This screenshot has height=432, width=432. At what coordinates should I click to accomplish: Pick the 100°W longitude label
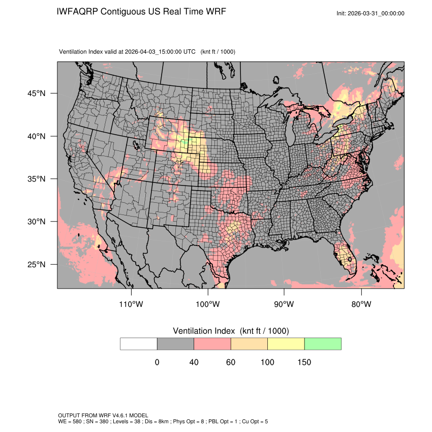(x=207, y=304)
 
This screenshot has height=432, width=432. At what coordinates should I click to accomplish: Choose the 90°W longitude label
(x=284, y=304)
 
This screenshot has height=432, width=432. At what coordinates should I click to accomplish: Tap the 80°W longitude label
(x=361, y=304)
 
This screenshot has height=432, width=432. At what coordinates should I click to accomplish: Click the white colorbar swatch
(x=139, y=344)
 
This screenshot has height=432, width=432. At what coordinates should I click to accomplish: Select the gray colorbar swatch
(x=175, y=344)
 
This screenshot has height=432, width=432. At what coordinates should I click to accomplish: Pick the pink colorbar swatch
(x=212, y=344)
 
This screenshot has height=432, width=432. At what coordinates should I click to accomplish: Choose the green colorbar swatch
(x=323, y=344)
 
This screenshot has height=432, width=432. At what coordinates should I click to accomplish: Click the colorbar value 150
(x=304, y=362)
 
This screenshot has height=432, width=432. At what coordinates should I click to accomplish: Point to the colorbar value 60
(x=231, y=362)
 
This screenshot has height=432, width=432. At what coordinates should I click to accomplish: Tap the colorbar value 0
(x=157, y=362)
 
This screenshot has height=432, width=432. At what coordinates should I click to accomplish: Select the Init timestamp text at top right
(x=371, y=13)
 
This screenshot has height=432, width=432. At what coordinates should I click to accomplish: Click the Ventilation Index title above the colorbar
(x=231, y=331)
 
